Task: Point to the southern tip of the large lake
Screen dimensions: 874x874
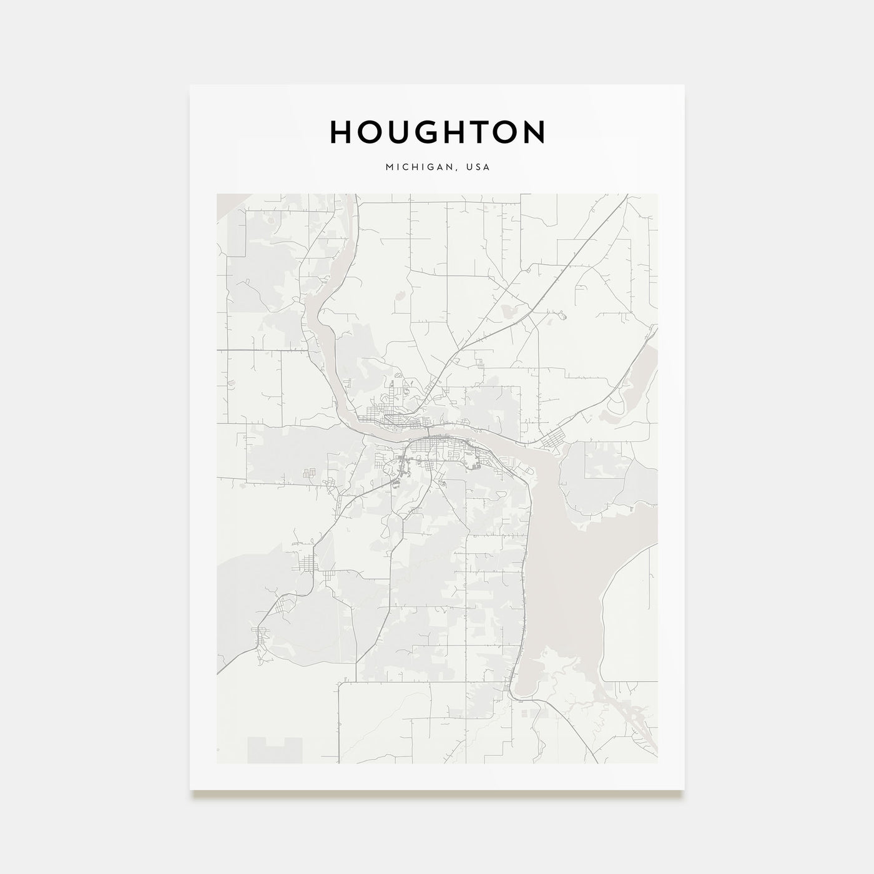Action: click(x=522, y=692)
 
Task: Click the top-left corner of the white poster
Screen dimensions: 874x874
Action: click(x=190, y=86)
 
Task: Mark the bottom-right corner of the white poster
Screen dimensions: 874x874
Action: click(x=684, y=790)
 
